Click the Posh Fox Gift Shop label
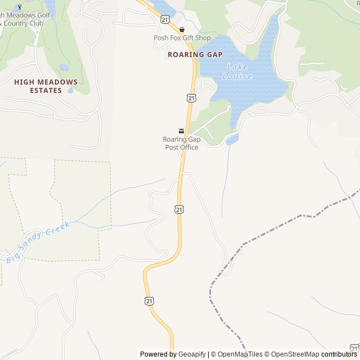tap(182, 38)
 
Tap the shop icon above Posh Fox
tap(182, 29)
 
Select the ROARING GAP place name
tap(195, 55)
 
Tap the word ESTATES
tap(46, 90)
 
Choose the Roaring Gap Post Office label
tap(181, 143)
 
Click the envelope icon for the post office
tap(181, 131)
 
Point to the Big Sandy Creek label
tap(38, 242)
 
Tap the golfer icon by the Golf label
tap(21, 7)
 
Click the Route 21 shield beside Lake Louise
tap(192, 98)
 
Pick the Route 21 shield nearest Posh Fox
tap(164, 19)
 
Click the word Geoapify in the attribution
tap(192, 354)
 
